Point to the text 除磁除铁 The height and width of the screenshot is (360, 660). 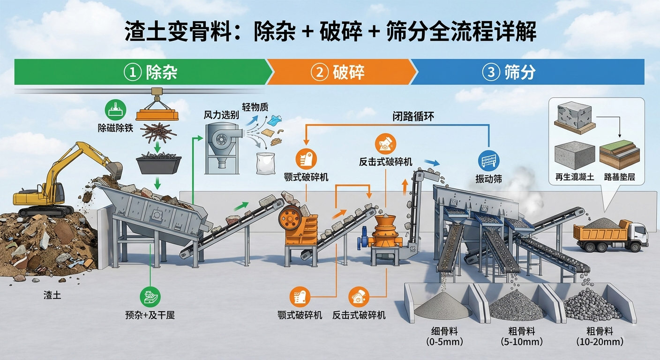click(115, 128)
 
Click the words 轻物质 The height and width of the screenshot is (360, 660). click(255, 106)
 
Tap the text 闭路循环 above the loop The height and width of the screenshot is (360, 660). click(413, 117)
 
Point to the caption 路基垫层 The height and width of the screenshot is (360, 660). click(620, 177)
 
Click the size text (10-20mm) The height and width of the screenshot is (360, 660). click(600, 342)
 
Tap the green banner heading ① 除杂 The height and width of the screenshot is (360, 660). click(150, 72)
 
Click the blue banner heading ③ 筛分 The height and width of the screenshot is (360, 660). click(509, 72)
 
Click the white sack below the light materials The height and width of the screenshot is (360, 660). click(265, 163)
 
